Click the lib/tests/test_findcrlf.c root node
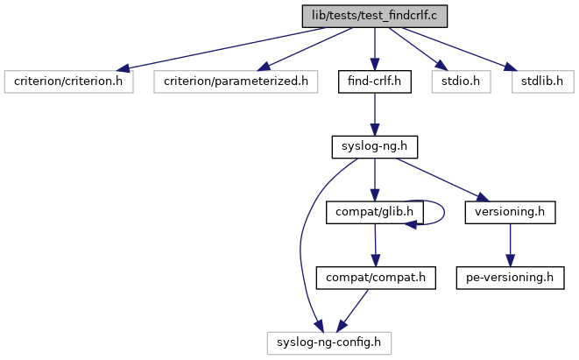pos(375,16)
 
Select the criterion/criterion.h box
pos(68,81)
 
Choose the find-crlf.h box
pos(375,81)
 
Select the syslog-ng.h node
pos(375,146)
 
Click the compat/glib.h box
pos(375,212)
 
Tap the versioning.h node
pos(510,212)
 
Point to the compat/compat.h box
pos(376,278)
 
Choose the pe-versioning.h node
pos(510,278)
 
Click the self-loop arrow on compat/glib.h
pos(443,211)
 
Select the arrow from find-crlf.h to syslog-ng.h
pos(375,114)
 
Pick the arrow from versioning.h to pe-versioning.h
pos(510,244)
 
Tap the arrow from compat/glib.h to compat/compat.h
pos(375,244)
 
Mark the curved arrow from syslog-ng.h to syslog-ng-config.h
pos(302,236)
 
